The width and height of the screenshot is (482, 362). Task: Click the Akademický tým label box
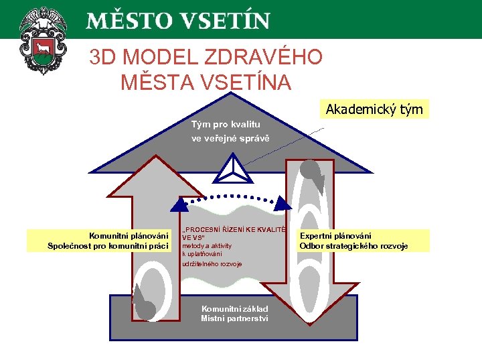374,109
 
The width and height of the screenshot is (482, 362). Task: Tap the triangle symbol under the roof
232,168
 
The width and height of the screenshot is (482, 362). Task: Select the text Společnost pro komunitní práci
108,246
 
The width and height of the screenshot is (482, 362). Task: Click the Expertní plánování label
335,236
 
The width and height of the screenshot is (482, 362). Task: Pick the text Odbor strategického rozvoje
353,246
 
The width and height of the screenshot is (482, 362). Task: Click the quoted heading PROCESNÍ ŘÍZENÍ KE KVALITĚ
234,229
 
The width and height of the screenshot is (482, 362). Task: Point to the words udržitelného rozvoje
212,263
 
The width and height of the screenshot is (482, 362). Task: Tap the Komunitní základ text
234,308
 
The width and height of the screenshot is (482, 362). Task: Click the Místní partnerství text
234,318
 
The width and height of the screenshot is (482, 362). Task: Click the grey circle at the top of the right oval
309,168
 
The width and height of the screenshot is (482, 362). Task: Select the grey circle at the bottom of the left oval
145,309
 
